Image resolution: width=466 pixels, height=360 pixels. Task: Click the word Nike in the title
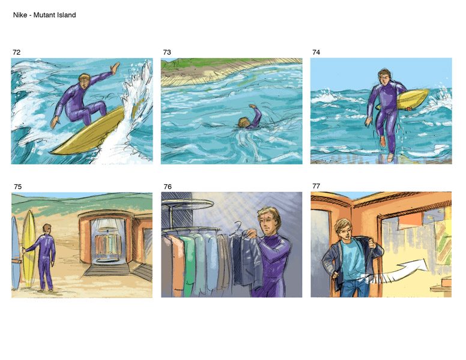coord(20,15)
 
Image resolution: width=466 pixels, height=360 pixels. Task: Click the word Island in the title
coord(67,15)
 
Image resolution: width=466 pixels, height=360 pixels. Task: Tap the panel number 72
coord(17,52)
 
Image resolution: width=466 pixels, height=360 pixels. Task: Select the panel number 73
coord(167,52)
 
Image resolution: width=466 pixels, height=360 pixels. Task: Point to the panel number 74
coord(316,52)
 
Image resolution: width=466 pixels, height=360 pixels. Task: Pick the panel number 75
coord(18,187)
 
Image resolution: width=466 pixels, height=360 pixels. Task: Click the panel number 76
coord(168,187)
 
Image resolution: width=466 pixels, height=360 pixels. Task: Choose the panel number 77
coord(316,186)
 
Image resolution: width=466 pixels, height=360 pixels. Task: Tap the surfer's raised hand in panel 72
coord(115,68)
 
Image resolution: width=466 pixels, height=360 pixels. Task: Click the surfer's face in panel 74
coord(385,79)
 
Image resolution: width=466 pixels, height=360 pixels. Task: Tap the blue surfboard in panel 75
coord(15,253)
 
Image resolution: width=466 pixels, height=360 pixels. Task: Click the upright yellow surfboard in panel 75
coord(29,248)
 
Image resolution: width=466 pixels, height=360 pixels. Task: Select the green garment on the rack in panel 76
coord(189,265)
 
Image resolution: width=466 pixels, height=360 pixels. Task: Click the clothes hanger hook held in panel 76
coord(238,225)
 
